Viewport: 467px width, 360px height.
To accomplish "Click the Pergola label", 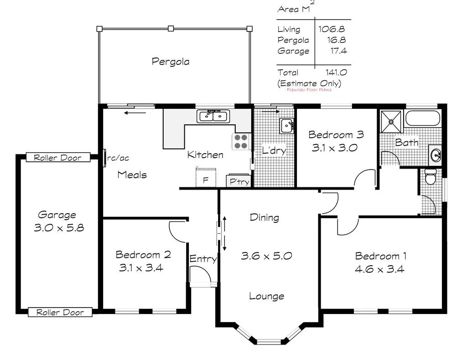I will (170, 61).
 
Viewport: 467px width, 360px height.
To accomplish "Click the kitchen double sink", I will (213, 116).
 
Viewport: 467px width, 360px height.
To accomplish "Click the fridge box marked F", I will (205, 178).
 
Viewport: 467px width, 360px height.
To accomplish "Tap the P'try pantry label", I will (239, 181).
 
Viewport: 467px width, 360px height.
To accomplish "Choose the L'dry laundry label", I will (274, 151).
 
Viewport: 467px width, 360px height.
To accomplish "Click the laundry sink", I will (287, 125).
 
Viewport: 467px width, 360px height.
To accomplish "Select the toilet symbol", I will (430, 176).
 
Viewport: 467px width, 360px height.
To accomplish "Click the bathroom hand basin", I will (436, 155).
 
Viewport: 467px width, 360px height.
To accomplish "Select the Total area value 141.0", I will (336, 72).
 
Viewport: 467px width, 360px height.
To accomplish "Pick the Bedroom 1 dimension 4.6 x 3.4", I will (379, 269).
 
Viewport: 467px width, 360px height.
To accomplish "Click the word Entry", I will (203, 259).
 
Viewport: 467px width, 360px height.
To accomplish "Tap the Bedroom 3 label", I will (336, 134).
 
